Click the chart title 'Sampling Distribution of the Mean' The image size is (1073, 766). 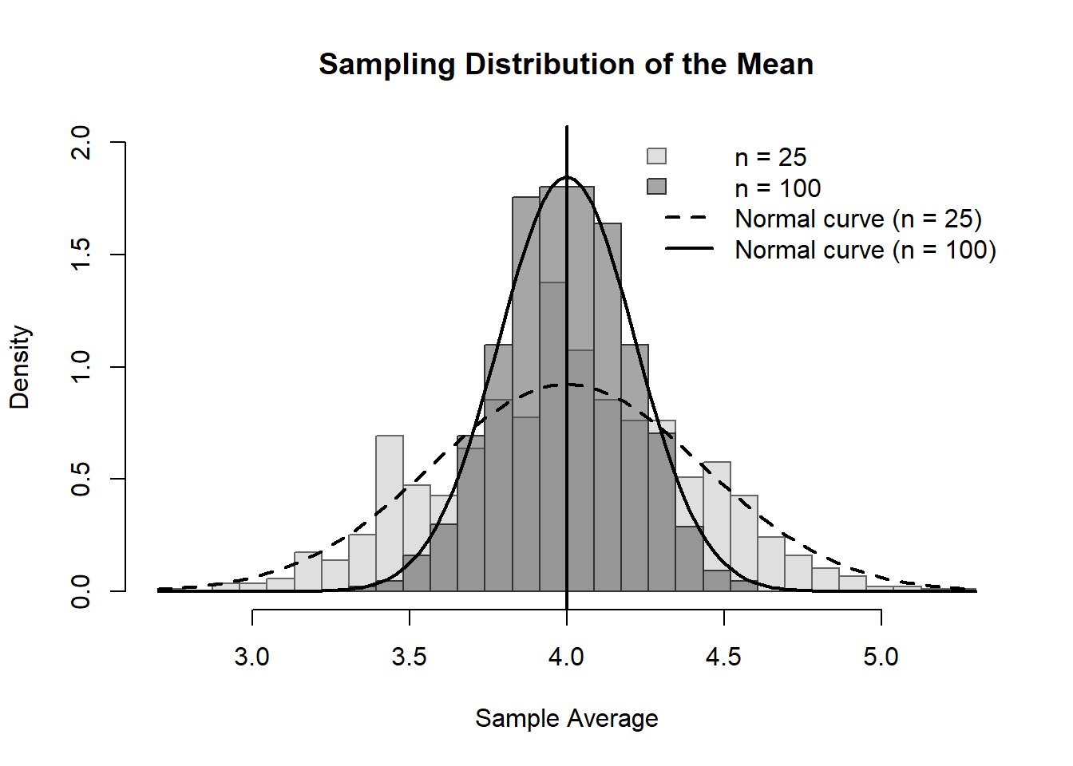point(566,64)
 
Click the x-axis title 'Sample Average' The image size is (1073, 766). point(566,718)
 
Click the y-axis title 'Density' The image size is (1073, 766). point(19,367)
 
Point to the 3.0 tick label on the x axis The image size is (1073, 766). point(252,657)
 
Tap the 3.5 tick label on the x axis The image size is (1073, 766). point(410,657)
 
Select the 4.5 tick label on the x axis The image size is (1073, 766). point(723,657)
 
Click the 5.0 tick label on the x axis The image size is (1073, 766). point(881,657)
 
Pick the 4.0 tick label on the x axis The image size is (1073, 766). point(566,657)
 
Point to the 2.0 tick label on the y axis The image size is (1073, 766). point(81,142)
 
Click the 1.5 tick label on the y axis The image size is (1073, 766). point(81,255)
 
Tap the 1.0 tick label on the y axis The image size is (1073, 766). point(81,367)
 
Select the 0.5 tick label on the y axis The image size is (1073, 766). point(81,479)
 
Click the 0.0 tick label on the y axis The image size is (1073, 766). point(81,591)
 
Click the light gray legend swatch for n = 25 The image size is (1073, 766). point(656,156)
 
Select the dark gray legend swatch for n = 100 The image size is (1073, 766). point(656,187)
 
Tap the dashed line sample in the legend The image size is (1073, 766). point(688,218)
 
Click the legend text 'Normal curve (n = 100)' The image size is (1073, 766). point(865,250)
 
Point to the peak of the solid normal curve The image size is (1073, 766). point(566,177)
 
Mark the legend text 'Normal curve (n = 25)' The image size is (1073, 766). point(858,219)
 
